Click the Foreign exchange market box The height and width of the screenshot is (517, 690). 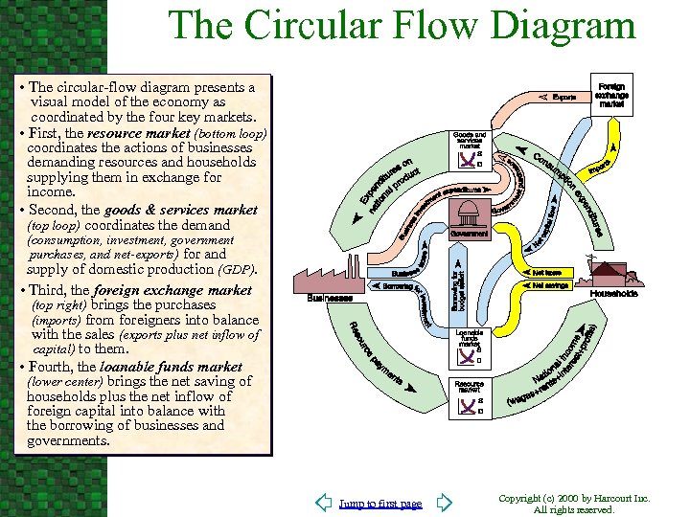tap(610, 94)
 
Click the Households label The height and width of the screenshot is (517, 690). tap(613, 294)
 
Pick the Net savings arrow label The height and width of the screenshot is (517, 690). tap(549, 285)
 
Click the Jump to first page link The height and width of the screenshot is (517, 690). tap(380, 504)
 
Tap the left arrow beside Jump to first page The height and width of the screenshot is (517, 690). tap(325, 503)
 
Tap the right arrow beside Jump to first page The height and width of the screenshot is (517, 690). tap(442, 503)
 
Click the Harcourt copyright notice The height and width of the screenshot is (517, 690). tap(575, 504)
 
